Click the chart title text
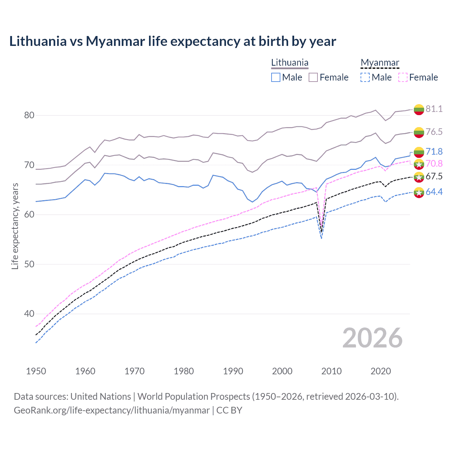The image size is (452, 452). (173, 41)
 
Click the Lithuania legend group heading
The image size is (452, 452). (290, 63)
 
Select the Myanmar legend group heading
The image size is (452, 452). (380, 63)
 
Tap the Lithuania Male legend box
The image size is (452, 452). (276, 77)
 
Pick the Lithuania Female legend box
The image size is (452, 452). (313, 77)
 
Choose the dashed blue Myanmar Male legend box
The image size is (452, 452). (365, 77)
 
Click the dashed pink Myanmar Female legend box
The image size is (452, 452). (403, 77)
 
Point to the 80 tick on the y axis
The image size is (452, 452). (29, 115)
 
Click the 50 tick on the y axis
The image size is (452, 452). (29, 264)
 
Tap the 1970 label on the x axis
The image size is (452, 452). (135, 371)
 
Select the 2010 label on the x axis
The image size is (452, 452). (331, 371)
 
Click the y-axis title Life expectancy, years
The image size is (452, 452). (15, 226)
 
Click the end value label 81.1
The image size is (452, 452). (434, 109)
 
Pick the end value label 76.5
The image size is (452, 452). (434, 132)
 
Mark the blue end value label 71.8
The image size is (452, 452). (434, 151)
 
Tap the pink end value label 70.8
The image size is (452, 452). (434, 163)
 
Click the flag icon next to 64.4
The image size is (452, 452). (419, 192)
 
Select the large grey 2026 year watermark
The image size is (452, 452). (373, 338)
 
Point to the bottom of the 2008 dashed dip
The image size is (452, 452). (321, 238)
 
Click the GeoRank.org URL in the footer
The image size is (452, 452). (112, 410)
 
